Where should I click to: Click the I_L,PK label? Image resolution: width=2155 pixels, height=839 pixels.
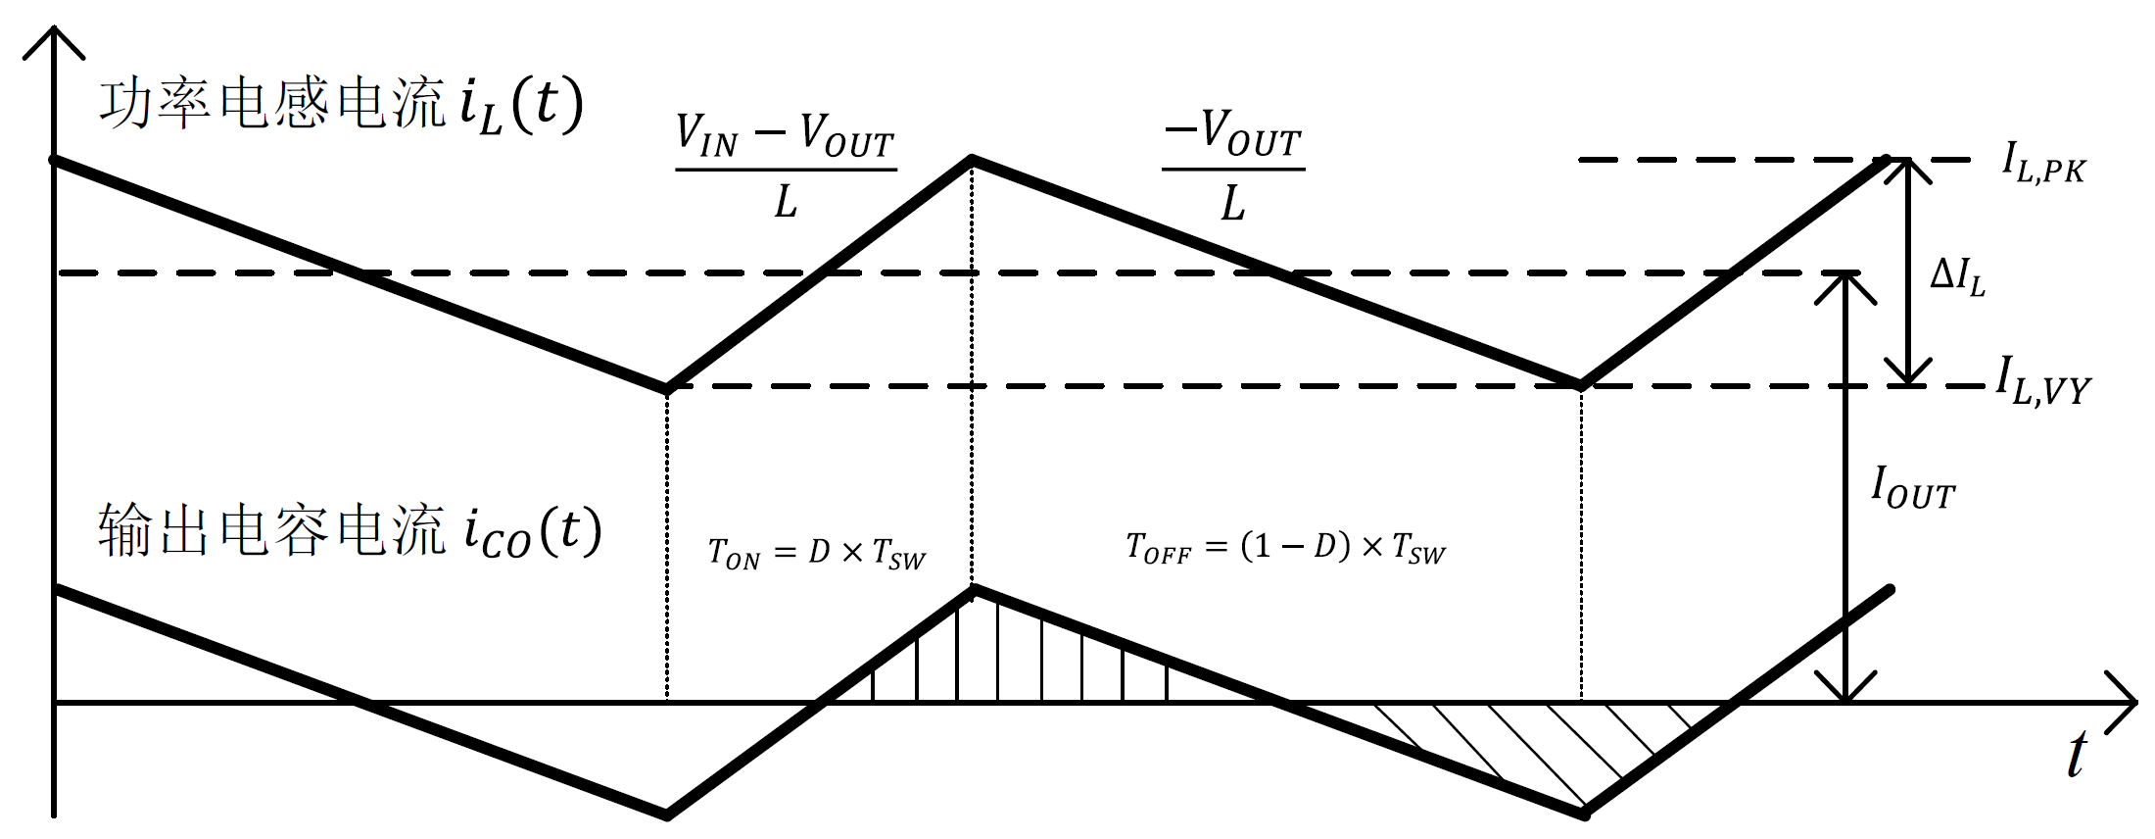(x=2043, y=164)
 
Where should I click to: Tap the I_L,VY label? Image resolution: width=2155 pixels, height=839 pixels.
(x=2043, y=381)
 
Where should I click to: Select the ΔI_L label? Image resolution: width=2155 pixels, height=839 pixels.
(x=1957, y=276)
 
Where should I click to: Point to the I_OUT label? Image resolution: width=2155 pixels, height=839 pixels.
(x=1912, y=488)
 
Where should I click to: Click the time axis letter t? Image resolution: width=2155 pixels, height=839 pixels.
(x=2077, y=756)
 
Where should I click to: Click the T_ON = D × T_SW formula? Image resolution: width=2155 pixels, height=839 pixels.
(x=816, y=554)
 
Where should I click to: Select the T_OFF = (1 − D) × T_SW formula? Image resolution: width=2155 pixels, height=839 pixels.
(x=1285, y=548)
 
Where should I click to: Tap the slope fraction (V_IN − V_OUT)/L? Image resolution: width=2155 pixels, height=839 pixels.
(x=786, y=167)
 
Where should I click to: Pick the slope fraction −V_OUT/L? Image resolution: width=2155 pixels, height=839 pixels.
(x=1233, y=167)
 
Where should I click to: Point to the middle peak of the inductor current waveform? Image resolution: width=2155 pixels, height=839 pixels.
(x=972, y=158)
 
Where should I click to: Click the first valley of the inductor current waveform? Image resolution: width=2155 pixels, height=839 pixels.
(x=668, y=388)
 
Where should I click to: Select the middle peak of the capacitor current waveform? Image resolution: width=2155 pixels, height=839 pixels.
(x=973, y=589)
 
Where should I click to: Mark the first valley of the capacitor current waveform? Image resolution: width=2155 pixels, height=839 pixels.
(x=668, y=814)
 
